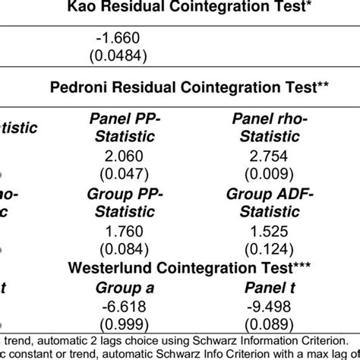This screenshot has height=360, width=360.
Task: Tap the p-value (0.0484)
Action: pyautogui.click(x=122, y=55)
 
